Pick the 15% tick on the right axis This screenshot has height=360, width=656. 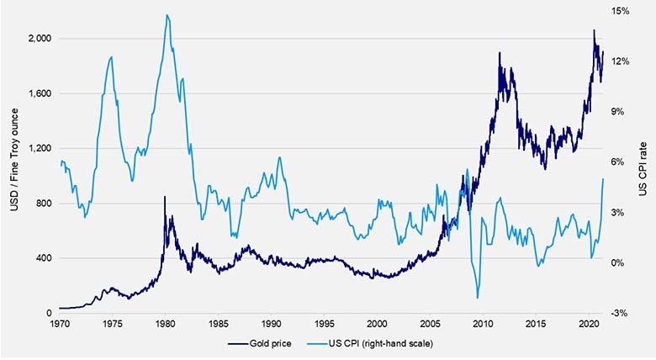621,11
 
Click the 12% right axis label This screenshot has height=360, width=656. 621,61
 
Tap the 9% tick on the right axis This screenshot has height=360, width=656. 618,112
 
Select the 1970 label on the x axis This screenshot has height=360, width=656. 59,322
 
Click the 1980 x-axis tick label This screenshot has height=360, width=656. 165,322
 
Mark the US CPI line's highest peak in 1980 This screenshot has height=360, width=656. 168,15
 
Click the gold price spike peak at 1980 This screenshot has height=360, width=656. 165,197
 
